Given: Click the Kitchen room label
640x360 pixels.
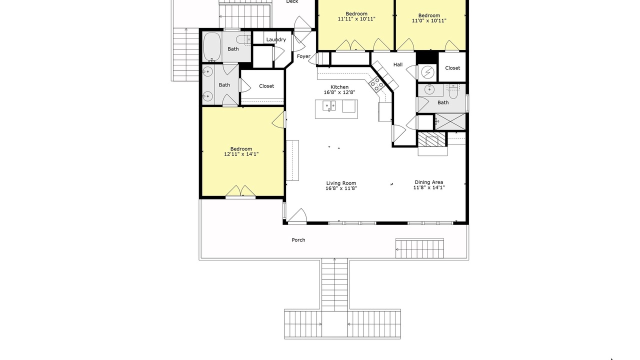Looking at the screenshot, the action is point(339,87).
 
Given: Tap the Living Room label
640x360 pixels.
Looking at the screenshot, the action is point(341,183).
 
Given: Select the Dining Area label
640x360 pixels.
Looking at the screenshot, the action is point(429,182).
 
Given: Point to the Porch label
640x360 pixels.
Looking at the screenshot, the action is point(298,240).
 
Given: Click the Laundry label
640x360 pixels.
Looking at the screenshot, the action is point(276,39).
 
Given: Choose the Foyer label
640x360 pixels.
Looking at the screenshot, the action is point(303,56).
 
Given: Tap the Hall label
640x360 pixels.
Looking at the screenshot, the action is point(398,65).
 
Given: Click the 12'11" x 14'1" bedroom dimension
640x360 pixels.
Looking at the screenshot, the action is point(241,154).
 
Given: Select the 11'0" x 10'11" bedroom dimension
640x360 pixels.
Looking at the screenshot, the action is point(429,21).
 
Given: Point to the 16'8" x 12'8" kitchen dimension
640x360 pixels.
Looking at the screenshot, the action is point(339,92).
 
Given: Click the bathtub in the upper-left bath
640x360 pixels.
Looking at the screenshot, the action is point(211,47).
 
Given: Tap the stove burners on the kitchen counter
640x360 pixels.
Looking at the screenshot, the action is point(376,85).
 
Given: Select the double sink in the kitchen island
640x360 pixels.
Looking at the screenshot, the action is point(329,105).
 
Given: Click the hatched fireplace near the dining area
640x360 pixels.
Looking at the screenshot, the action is point(431,139).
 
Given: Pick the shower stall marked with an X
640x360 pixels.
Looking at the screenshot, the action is point(450,121).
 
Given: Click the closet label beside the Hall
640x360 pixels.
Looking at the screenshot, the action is point(452,68).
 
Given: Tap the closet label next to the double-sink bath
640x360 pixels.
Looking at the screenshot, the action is point(266,86).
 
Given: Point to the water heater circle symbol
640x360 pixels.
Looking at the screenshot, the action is point(427,72).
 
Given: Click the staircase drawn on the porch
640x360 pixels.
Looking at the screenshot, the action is point(419,248).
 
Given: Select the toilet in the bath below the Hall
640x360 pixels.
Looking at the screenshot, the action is point(453,91).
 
